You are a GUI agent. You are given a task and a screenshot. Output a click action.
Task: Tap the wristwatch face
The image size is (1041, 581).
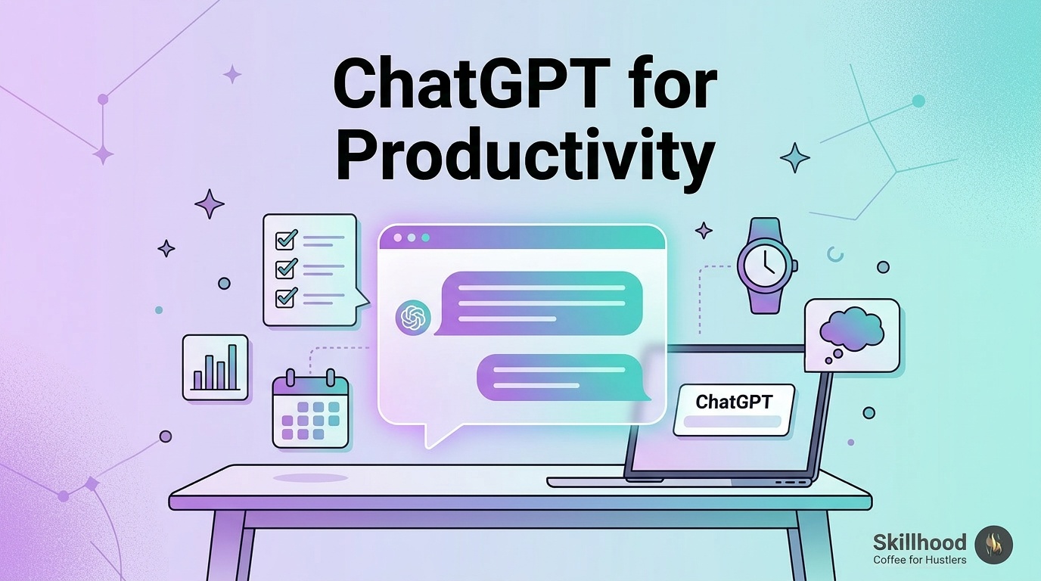[765, 266]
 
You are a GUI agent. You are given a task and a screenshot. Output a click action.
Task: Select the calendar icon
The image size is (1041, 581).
[310, 409]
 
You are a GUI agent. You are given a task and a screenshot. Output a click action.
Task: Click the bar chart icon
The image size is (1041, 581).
[215, 367]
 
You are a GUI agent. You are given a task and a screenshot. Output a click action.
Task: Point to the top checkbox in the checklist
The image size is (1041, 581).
[286, 238]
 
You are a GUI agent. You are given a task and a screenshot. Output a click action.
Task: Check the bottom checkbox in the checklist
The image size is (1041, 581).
[286, 297]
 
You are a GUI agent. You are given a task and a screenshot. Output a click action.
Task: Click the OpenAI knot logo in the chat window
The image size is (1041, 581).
[412, 318]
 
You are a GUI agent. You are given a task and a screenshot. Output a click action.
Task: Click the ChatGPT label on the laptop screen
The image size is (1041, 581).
[734, 402]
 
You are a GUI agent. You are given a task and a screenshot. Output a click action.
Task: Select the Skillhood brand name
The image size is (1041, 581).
[920, 542]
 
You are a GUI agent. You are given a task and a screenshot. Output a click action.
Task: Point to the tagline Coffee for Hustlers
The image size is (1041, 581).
[920, 560]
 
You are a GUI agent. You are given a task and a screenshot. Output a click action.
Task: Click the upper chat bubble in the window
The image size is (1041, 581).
[539, 303]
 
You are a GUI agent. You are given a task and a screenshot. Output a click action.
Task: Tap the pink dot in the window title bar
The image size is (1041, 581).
[397, 238]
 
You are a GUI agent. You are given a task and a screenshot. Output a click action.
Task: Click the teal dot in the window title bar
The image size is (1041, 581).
[425, 238]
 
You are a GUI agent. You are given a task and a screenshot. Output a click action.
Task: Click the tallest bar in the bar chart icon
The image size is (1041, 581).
[232, 367]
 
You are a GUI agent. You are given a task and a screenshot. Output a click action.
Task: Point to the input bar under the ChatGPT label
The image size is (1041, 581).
[732, 421]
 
